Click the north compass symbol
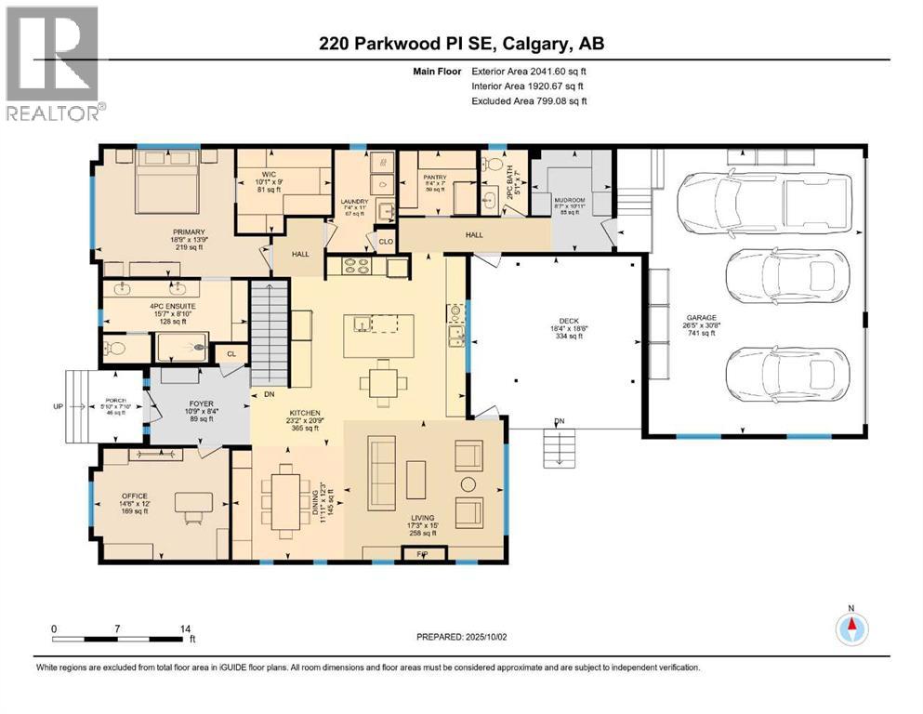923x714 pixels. [851, 630]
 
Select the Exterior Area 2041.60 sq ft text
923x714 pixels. [529, 70]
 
